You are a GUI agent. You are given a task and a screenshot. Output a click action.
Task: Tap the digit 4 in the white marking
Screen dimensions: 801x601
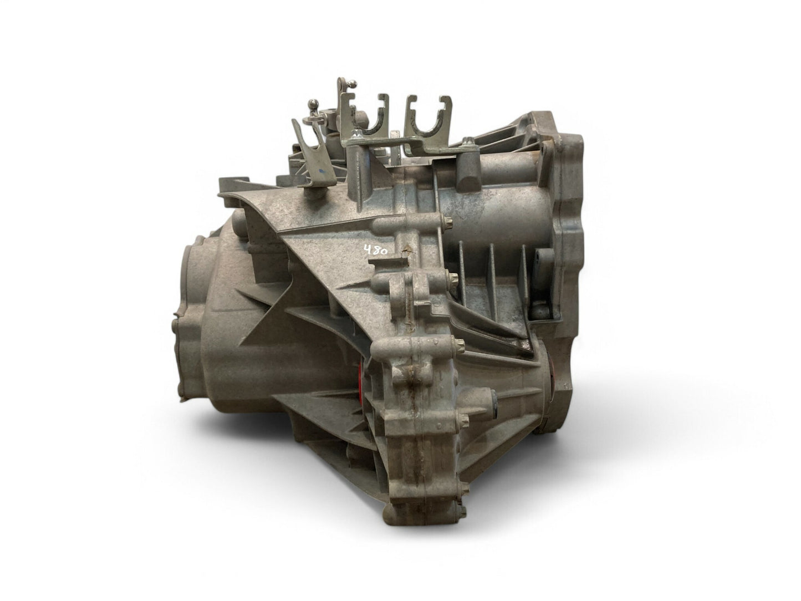click(368, 251)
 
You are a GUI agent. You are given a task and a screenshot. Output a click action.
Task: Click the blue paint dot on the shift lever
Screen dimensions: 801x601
click(320, 170)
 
